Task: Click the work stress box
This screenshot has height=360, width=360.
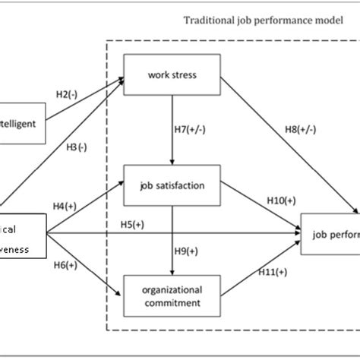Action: click(172, 74)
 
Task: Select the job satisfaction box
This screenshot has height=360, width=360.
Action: click(172, 185)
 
